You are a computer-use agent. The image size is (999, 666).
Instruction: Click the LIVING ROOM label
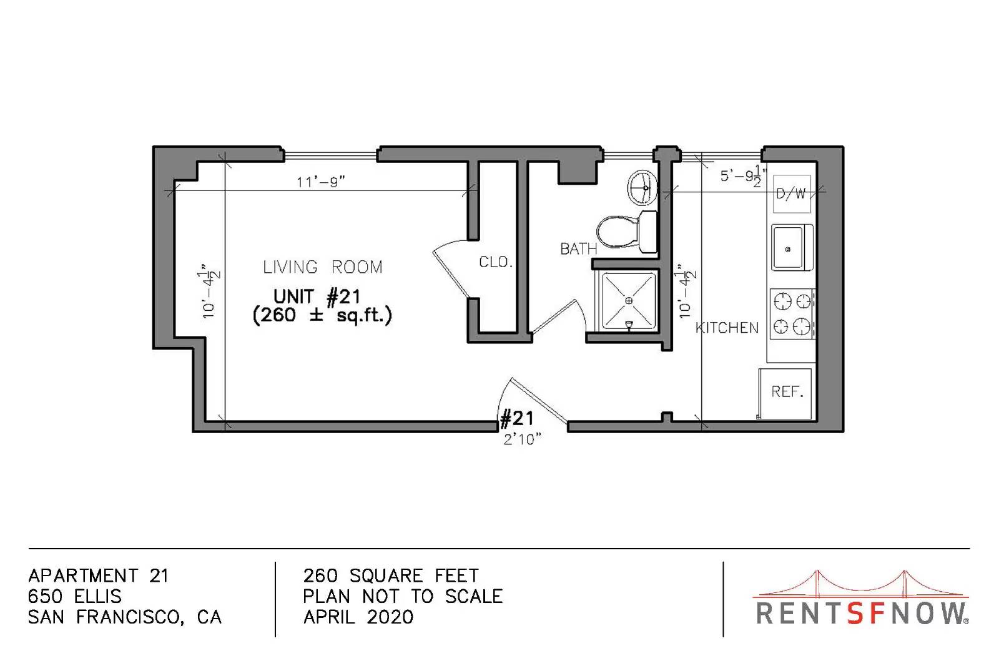[322, 267]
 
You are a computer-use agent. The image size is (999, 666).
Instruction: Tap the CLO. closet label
[496, 262]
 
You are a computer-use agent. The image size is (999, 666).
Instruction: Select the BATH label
[578, 248]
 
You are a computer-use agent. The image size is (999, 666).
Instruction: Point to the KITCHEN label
[727, 328]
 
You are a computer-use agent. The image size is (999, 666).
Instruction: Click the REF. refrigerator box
[785, 394]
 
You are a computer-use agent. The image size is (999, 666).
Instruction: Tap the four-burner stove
[792, 314]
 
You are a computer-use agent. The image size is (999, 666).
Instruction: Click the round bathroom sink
[642, 188]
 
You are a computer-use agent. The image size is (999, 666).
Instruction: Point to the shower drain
[629, 301]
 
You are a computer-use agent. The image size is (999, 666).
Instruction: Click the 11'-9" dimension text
[321, 182]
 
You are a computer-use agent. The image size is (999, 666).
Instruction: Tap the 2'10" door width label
[522, 439]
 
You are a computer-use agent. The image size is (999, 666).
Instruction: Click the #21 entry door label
[517, 419]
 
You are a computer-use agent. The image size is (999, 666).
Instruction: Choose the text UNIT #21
[317, 296]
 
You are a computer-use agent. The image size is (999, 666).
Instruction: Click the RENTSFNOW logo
[862, 598]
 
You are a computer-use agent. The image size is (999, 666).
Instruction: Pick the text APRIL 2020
[358, 617]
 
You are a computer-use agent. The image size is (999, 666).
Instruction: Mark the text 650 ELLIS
[74, 597]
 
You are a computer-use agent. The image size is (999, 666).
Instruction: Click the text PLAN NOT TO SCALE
[403, 597]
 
